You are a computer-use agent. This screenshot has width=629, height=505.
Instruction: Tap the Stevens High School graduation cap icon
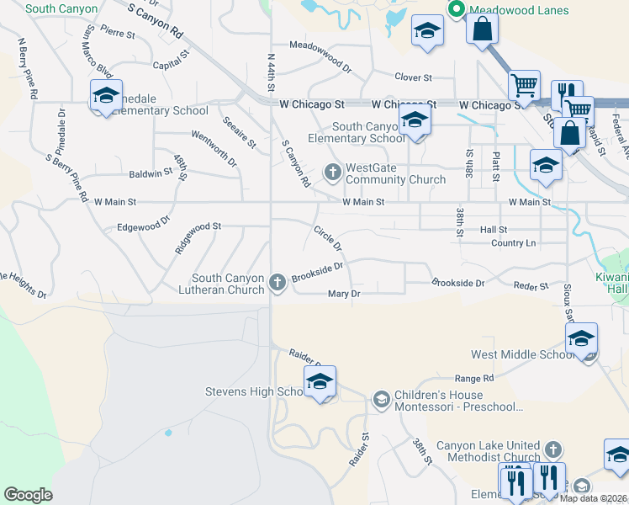(320, 382)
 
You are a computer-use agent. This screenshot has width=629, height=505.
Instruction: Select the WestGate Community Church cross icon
(332, 173)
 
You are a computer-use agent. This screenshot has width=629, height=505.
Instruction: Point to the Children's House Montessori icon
(381, 397)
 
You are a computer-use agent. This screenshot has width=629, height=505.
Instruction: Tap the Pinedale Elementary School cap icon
(107, 97)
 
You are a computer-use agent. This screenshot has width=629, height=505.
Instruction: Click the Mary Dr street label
(344, 294)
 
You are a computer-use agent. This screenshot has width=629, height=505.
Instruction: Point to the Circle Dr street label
(327, 237)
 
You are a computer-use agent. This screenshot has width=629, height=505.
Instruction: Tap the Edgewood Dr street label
(143, 227)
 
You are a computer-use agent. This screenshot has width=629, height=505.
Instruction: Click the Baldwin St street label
(151, 173)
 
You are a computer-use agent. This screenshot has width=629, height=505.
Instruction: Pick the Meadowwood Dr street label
(320, 52)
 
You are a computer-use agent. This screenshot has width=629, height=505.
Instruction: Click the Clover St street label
(413, 77)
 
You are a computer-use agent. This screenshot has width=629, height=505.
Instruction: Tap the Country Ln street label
(513, 242)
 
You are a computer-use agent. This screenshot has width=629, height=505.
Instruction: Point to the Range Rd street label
(474, 379)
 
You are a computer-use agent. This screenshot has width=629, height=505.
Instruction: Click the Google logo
(28, 494)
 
